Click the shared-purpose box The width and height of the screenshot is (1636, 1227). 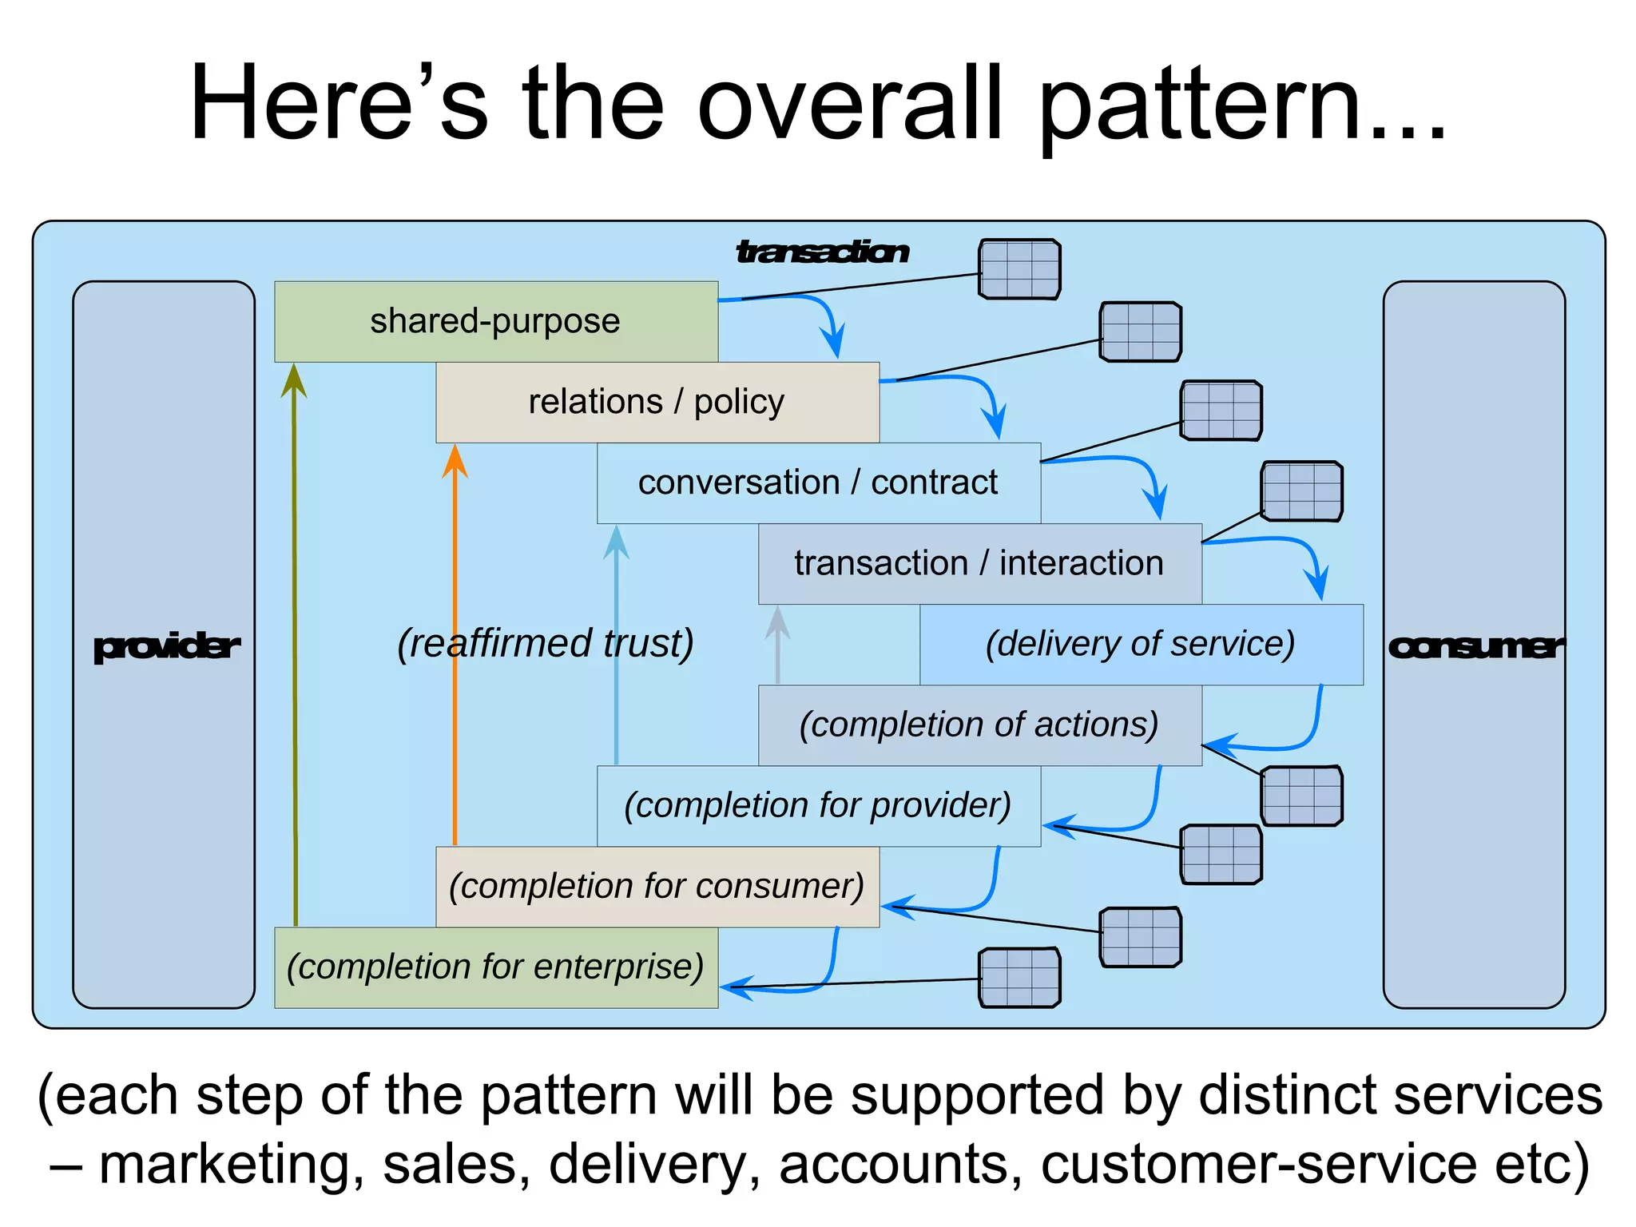(496, 321)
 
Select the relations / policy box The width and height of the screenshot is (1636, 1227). (657, 402)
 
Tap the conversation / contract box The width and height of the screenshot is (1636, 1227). (818, 482)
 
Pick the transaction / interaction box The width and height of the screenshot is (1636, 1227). (979, 563)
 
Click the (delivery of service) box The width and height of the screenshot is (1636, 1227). (1141, 644)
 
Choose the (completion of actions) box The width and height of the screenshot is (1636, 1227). (979, 725)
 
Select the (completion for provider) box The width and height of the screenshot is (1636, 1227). (818, 806)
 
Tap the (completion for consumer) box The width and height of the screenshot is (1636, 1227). (657, 887)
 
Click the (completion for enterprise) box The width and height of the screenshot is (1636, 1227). (496, 967)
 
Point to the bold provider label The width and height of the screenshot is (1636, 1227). (165, 646)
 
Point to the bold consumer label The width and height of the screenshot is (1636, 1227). (1475, 646)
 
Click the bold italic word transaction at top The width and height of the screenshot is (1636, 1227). (822, 252)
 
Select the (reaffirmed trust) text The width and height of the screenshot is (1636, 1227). (546, 644)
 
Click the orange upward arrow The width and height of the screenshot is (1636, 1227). (455, 639)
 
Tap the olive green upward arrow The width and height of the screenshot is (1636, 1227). (295, 639)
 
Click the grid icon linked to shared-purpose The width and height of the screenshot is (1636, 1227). (1019, 269)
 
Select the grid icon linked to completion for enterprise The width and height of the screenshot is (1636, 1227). (1019, 978)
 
